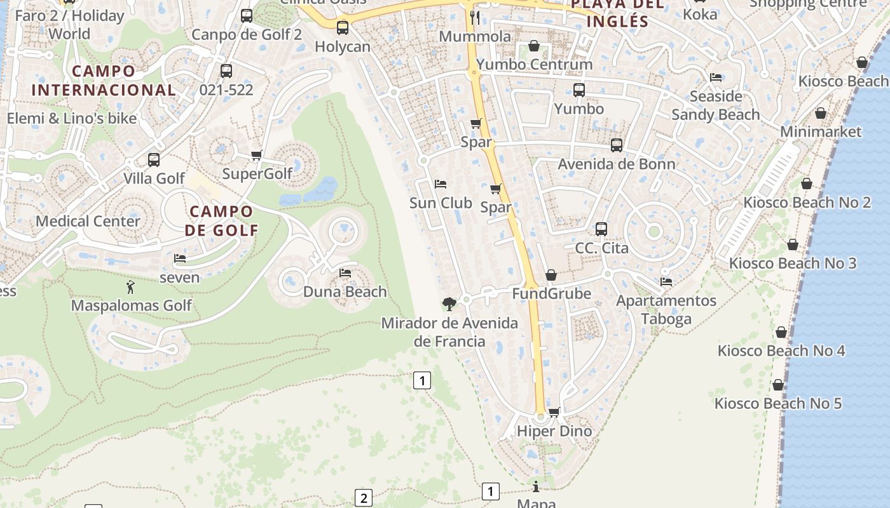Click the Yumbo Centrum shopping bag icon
tap(535, 46)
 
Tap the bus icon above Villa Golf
tap(154, 160)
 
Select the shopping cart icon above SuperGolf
tap(257, 155)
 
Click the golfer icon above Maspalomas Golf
tap(131, 287)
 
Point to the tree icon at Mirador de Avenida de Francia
tap(449, 304)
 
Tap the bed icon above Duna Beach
tap(345, 273)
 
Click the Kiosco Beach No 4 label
tap(781, 351)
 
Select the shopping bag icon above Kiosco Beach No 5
tap(778, 385)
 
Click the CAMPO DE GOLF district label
tap(222, 220)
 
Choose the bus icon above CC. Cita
tap(601, 229)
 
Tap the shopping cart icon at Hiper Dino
tap(554, 412)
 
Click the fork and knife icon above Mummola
tap(475, 17)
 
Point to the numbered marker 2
tap(363, 498)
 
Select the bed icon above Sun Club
tap(441, 184)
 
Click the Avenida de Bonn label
tap(616, 164)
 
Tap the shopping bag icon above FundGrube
tap(551, 275)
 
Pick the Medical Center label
tap(88, 221)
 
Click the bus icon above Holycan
tap(343, 28)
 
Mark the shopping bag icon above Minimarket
tap(821, 114)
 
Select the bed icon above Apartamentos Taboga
tap(666, 281)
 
